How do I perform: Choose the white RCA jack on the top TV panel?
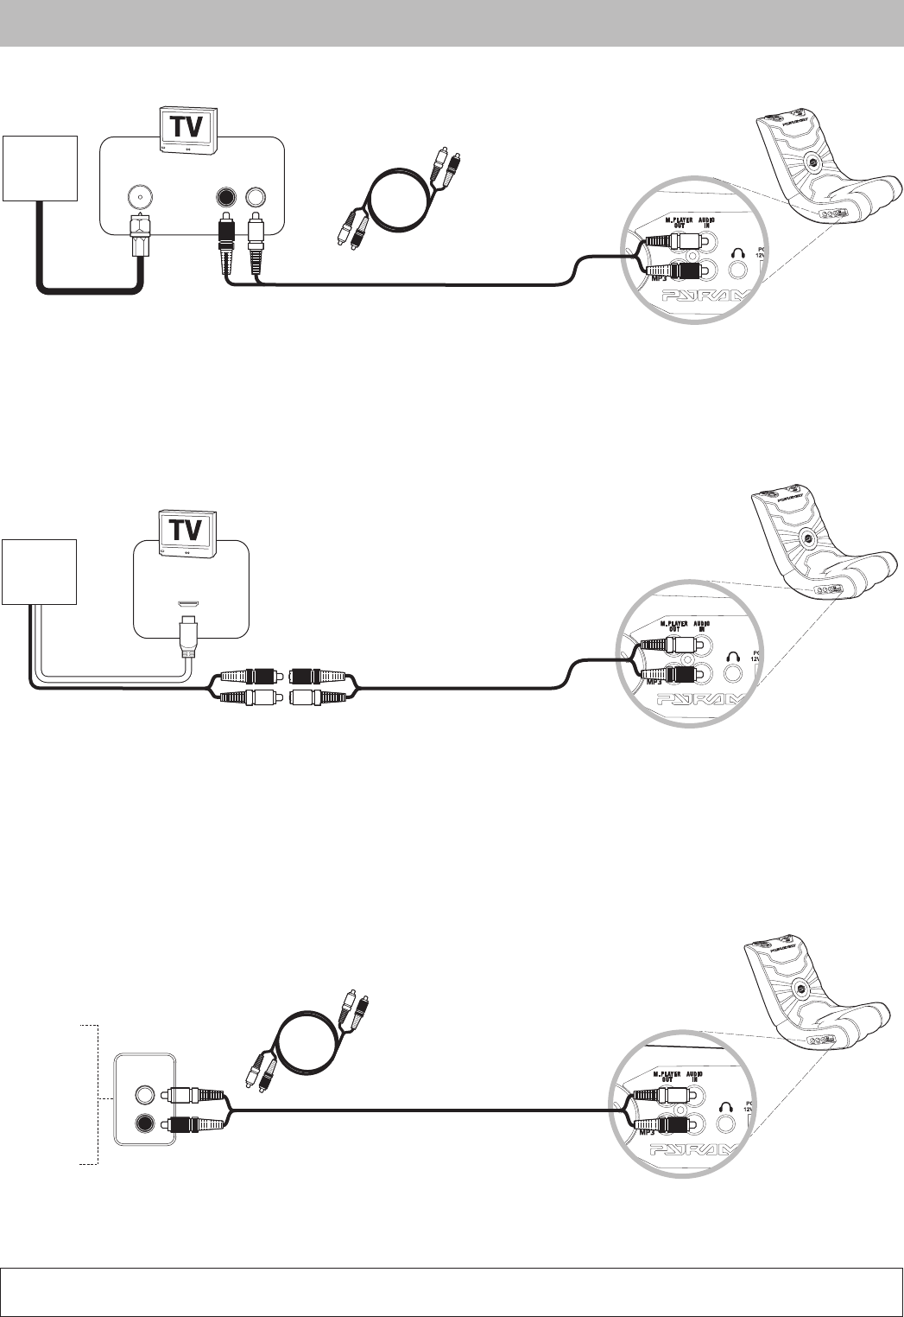click(x=256, y=196)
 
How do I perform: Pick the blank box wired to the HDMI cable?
click(x=40, y=571)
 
